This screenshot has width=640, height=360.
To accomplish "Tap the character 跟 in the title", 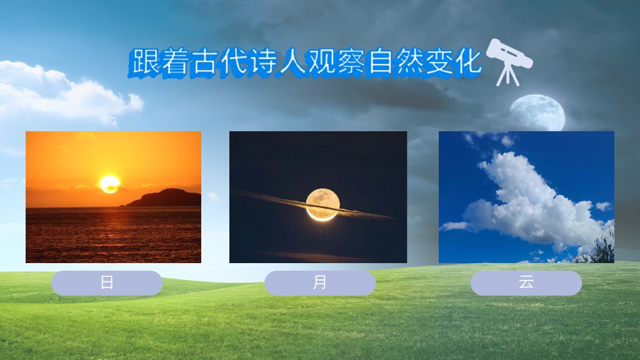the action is point(146,62).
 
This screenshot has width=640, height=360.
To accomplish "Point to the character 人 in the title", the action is point(291,62).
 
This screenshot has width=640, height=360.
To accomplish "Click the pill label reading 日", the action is point(107,282).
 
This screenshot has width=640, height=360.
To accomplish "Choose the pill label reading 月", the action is point(320,282).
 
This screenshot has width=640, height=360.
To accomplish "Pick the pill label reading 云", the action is point(526,282).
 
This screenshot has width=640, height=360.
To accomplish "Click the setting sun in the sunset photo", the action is point(110,184).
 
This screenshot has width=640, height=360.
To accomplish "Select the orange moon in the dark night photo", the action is point(323,204).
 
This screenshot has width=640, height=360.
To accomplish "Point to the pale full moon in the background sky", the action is point(537,113).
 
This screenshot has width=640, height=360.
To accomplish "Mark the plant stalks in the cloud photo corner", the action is point(600,244).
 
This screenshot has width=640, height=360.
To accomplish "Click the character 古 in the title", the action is point(204,62).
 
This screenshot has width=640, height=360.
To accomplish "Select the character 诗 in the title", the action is point(262,62).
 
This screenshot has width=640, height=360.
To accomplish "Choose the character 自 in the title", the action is point(379,62).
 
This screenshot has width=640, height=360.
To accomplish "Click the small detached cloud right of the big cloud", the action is point(603,206).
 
